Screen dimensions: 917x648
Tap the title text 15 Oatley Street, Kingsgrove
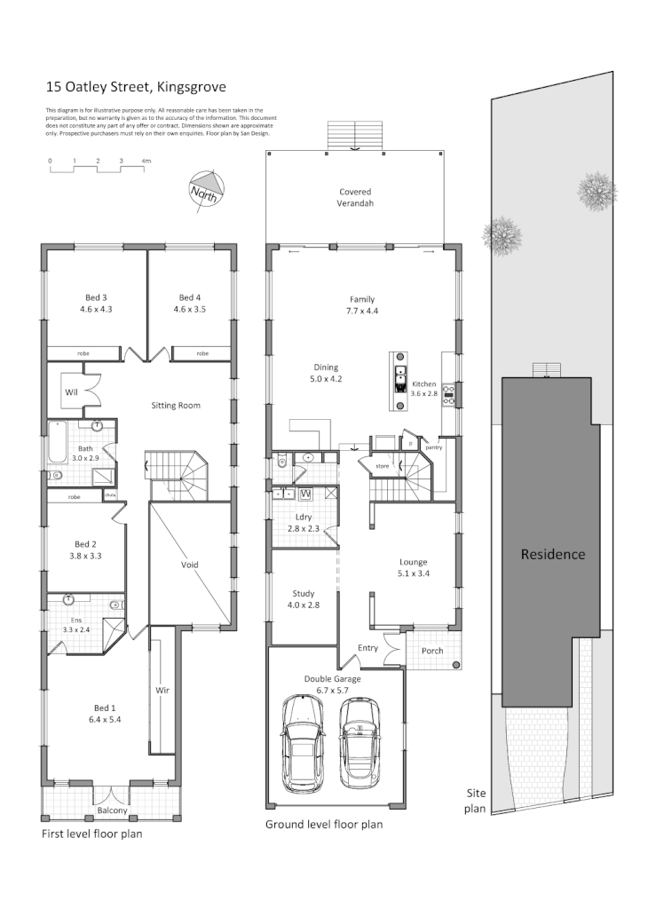pyautogui.click(x=136, y=87)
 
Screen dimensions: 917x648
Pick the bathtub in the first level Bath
pyautogui.click(x=58, y=441)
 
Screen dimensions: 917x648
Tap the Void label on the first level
pyautogui.click(x=190, y=565)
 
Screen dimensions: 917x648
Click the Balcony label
pyautogui.click(x=113, y=811)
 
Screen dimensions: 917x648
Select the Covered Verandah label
pyautogui.click(x=355, y=197)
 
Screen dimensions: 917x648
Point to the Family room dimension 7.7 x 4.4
pyautogui.click(x=361, y=312)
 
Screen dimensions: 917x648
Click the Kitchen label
pyautogui.click(x=424, y=384)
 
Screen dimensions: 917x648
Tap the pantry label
pyautogui.click(x=434, y=448)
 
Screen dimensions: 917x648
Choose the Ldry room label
pyautogui.click(x=302, y=518)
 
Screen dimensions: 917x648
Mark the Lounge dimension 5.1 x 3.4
pyautogui.click(x=413, y=573)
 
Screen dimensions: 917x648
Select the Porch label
pyautogui.click(x=432, y=651)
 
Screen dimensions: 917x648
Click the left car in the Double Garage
pyautogui.click(x=300, y=744)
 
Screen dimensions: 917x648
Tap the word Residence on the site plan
pyautogui.click(x=552, y=554)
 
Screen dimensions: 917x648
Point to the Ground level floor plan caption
pyautogui.click(x=324, y=825)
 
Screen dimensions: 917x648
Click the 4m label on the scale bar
pyautogui.click(x=146, y=161)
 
